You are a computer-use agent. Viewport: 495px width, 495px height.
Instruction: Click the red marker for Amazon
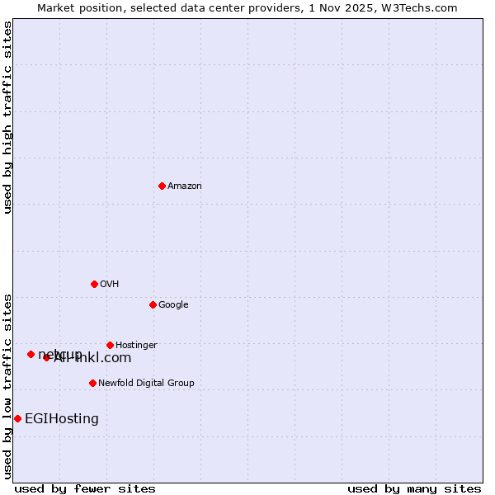(x=162, y=186)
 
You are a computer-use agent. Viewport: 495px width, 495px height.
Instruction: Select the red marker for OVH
(x=94, y=284)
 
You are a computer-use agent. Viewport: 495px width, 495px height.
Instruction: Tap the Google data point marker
(x=153, y=304)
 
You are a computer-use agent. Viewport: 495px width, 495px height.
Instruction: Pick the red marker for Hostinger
(x=110, y=345)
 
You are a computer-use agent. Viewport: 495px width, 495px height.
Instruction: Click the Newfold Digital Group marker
(x=92, y=383)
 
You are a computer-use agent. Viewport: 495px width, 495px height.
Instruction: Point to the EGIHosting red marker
(x=17, y=418)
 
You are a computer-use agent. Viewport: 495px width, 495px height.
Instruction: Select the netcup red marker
(x=31, y=354)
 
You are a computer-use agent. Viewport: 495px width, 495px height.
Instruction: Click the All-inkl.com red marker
(x=46, y=357)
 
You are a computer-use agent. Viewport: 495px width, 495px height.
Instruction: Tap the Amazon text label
(x=185, y=186)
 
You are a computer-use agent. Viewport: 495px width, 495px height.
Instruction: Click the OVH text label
(x=110, y=284)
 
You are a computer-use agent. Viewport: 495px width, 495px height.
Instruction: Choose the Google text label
(x=173, y=304)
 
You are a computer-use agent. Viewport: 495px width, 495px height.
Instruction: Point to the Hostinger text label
(x=136, y=345)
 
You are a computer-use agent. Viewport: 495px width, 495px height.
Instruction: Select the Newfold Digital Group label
(x=146, y=383)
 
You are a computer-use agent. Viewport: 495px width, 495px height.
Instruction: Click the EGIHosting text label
(x=62, y=418)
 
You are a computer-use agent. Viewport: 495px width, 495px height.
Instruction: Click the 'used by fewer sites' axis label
(x=85, y=488)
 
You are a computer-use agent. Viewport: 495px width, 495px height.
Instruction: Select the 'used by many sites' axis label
(x=414, y=488)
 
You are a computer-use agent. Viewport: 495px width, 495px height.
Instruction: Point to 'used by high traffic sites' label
(x=7, y=118)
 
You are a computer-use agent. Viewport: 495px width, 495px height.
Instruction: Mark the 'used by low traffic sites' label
(x=7, y=385)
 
